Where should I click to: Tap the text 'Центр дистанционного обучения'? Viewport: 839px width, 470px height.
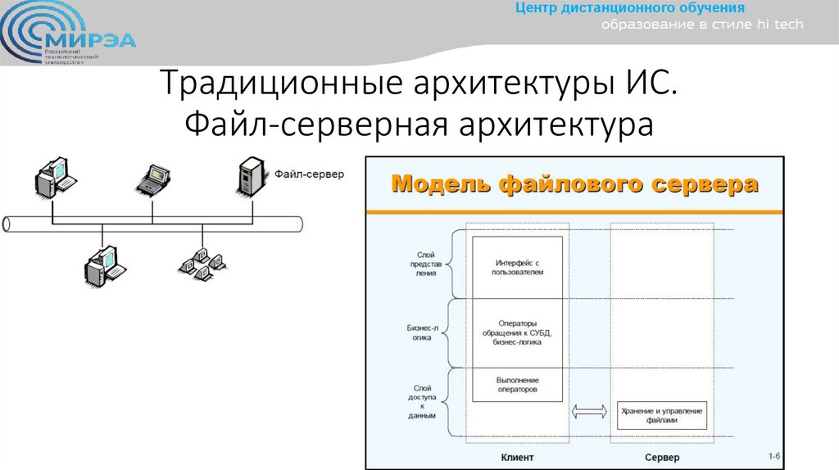629,8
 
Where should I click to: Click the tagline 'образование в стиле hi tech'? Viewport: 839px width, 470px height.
703,25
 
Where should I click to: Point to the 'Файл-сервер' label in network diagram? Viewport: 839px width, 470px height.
309,174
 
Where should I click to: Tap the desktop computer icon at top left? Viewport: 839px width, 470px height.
54,174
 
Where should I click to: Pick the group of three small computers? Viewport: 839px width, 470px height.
200,262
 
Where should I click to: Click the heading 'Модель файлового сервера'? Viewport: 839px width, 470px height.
575,184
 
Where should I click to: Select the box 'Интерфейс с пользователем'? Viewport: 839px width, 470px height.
518,267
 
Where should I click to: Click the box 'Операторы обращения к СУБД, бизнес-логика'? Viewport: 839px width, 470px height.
518,333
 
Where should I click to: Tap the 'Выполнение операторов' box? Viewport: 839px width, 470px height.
518,385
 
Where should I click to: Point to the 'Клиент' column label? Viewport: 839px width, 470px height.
518,457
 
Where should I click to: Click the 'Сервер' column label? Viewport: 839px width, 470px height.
662,457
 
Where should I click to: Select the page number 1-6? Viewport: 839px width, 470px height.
773,455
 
